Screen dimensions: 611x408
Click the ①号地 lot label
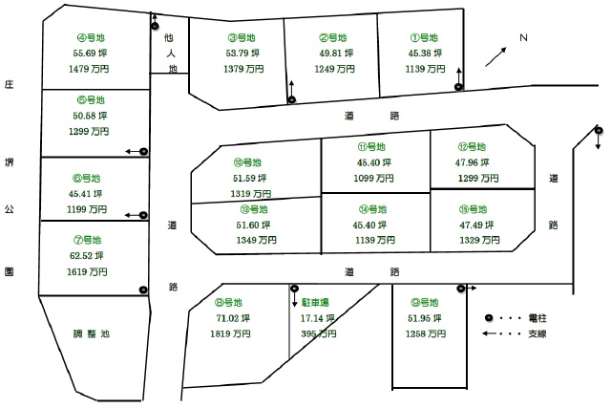424,38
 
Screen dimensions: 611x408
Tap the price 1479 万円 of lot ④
89,69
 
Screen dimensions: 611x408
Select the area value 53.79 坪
242,54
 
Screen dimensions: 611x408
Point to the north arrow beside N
495,57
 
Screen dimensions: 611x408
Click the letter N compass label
523,38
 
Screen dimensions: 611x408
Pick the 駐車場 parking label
315,302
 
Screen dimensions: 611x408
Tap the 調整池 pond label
92,333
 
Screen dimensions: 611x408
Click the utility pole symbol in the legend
489,318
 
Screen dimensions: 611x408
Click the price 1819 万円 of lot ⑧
230,333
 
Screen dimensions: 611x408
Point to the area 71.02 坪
233,318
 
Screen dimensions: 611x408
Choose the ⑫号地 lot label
473,147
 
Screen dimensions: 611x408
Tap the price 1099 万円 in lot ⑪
373,179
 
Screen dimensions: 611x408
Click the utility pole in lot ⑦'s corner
143,290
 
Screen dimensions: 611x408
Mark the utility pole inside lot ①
459,87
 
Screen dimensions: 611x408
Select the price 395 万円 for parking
319,333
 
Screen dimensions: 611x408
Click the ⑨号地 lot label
425,302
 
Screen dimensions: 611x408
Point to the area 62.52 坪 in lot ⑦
87,256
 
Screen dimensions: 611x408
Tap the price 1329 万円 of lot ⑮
479,240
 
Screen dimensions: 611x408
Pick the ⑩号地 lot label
247,162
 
